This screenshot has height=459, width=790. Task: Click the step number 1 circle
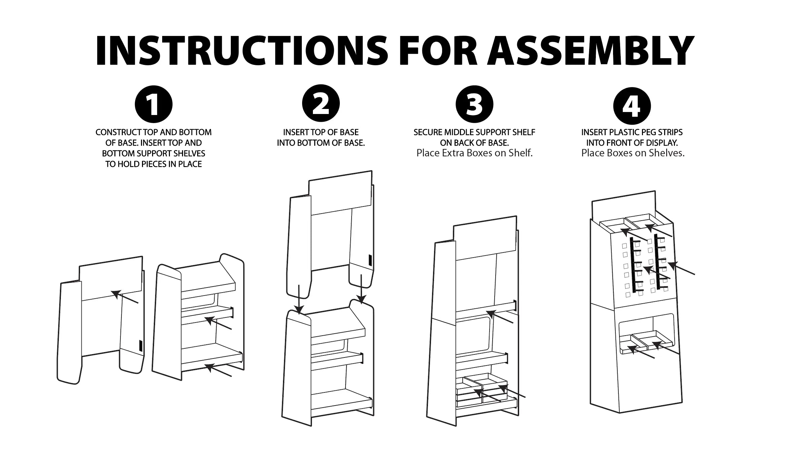pyautogui.click(x=153, y=104)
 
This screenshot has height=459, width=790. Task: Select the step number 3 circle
pyautogui.click(x=474, y=104)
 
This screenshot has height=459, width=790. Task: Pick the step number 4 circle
pyautogui.click(x=632, y=106)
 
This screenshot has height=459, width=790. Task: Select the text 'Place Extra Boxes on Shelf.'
pyautogui.click(x=474, y=153)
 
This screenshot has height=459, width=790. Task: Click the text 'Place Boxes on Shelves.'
pyautogui.click(x=633, y=153)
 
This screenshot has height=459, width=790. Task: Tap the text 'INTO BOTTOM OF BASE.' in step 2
pyautogui.click(x=321, y=143)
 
